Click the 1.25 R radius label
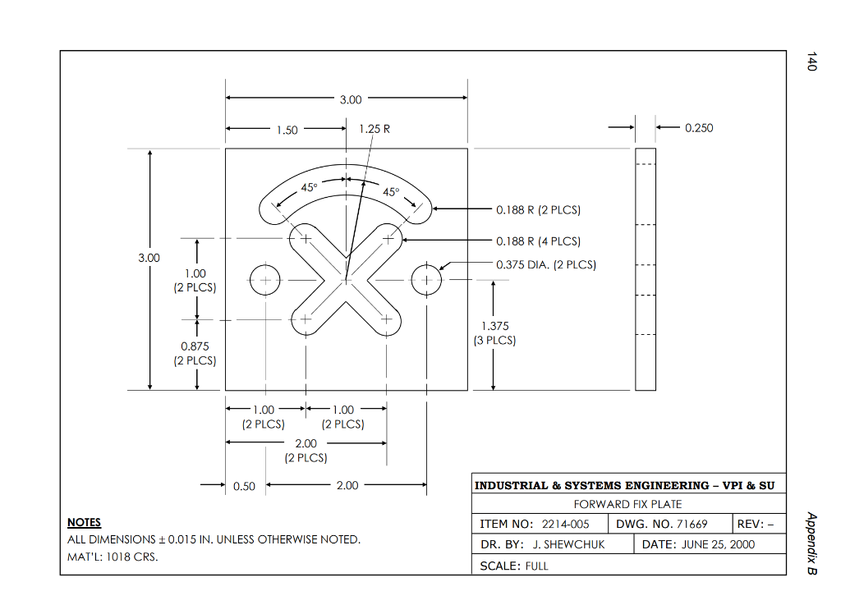[x=375, y=129]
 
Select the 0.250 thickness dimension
[x=698, y=128]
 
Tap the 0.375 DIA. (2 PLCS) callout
[x=546, y=264]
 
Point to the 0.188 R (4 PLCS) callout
[x=538, y=241]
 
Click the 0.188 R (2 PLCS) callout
[x=538, y=210]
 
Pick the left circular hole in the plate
[x=265, y=280]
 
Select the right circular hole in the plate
[x=426, y=280]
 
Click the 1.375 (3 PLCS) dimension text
[x=494, y=333]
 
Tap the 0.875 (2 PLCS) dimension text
[x=195, y=353]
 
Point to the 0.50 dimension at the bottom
[x=244, y=486]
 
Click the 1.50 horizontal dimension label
[x=287, y=130]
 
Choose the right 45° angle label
[x=391, y=192]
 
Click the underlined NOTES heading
[x=84, y=522]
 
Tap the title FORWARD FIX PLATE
[x=627, y=504]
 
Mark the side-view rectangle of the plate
[x=646, y=269]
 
